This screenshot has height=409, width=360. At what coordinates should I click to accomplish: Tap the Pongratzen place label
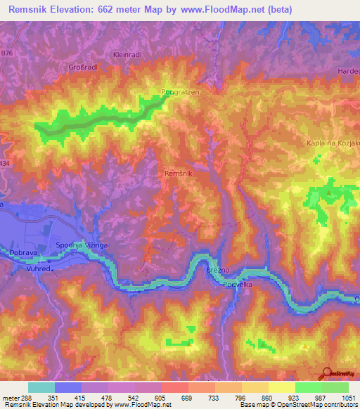[x=181, y=91]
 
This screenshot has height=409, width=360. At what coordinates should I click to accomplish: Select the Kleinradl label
[x=127, y=54]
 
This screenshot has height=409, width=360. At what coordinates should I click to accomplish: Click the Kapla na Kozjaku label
[x=332, y=143]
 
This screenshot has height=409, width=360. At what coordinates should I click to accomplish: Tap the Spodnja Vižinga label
[x=81, y=245]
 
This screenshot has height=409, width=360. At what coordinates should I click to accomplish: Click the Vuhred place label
[x=41, y=268]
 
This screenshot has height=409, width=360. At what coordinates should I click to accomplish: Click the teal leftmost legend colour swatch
[x=41, y=387]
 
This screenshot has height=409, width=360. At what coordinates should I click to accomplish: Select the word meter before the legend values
[x=10, y=398]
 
